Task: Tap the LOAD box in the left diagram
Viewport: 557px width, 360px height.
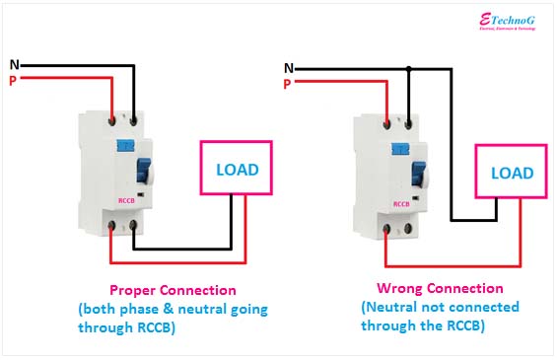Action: point(237,169)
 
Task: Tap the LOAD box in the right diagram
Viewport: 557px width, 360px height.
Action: point(512,173)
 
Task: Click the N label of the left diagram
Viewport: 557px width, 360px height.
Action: point(14,65)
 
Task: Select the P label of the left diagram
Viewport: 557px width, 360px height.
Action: point(13,81)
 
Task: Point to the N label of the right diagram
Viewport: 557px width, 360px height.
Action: point(288,68)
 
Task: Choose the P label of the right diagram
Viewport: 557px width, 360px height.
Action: point(287,84)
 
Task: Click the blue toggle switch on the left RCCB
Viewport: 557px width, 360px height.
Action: point(143,172)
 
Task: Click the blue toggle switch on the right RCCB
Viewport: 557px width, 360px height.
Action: point(418,175)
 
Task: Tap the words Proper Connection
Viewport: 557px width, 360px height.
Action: point(173,290)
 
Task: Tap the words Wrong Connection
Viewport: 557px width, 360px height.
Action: point(440,289)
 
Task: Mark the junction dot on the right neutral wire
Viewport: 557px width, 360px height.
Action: point(409,69)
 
